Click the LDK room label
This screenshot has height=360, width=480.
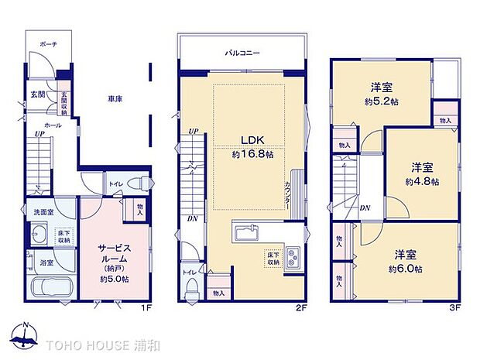pyautogui.click(x=252, y=140)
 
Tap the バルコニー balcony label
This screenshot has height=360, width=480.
pyautogui.click(x=242, y=53)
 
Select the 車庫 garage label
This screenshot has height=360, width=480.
pyautogui.click(x=116, y=99)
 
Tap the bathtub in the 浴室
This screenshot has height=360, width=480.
pyautogui.click(x=51, y=290)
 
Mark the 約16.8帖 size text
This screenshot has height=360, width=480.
pyautogui.click(x=252, y=155)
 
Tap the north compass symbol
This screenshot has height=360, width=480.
pyautogui.click(x=25, y=334)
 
